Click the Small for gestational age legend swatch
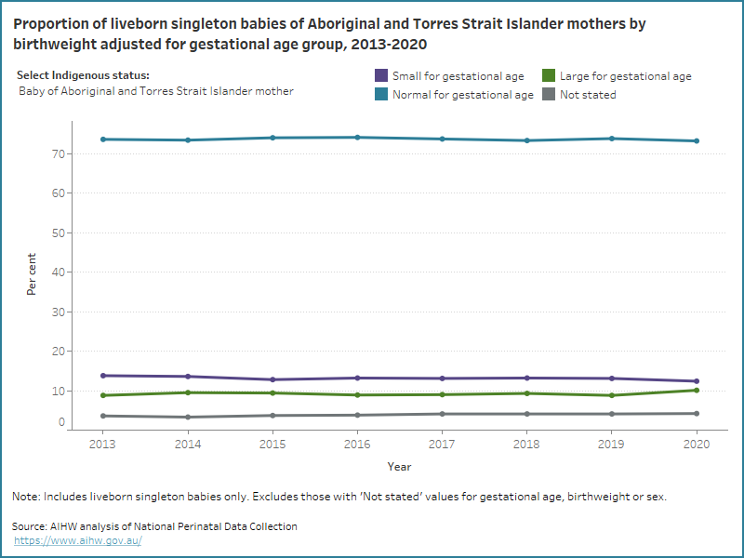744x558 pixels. click(380, 76)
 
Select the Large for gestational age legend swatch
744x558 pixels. click(549, 76)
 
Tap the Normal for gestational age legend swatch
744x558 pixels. click(380, 94)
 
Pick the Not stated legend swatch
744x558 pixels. click(549, 94)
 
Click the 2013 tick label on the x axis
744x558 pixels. click(102, 445)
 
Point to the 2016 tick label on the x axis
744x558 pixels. click(358, 445)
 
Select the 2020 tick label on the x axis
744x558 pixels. click(697, 445)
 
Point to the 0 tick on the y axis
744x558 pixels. click(60, 423)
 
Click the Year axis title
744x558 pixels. click(399, 467)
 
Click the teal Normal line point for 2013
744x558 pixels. click(102, 139)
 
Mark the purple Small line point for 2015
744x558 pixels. click(272, 379)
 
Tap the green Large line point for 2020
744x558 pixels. click(697, 390)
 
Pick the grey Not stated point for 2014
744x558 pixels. click(188, 417)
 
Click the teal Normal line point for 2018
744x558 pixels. click(527, 140)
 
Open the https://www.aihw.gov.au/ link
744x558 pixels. click(79, 540)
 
